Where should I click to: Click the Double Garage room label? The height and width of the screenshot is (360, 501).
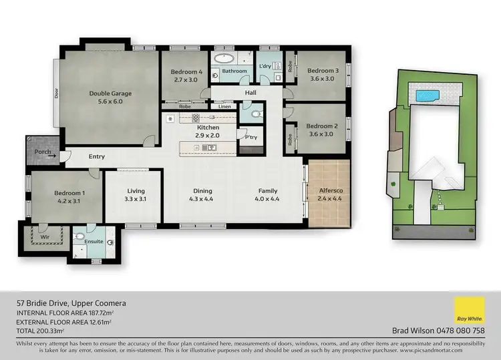click(x=110, y=94)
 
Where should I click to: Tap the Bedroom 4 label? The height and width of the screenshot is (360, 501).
click(x=186, y=72)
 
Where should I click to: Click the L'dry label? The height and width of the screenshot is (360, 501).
click(x=265, y=65)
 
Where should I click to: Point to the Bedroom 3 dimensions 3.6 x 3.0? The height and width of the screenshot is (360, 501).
click(x=323, y=79)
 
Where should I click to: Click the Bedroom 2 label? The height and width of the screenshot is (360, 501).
click(x=323, y=126)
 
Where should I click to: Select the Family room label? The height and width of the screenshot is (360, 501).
click(x=268, y=190)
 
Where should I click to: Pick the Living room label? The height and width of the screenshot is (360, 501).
click(x=135, y=190)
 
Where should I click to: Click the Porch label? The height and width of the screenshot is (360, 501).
click(x=43, y=151)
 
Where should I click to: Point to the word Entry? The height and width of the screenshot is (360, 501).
click(x=97, y=157)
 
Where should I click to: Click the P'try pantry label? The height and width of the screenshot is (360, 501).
click(x=252, y=138)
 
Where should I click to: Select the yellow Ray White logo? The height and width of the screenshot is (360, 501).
click(x=469, y=311)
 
